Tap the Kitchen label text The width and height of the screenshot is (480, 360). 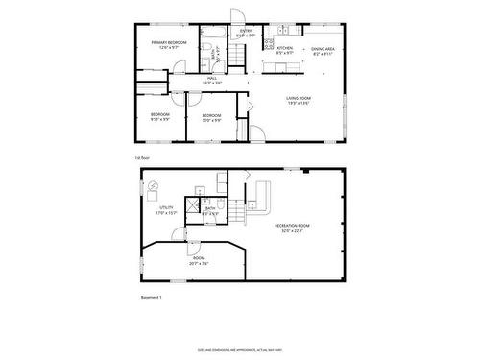point(284,48)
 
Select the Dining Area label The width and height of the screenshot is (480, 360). point(322,50)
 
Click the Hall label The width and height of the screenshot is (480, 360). point(207,81)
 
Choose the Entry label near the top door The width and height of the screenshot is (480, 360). point(246,32)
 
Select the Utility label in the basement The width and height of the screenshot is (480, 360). point(166,209)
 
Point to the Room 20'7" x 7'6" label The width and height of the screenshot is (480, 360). point(199,259)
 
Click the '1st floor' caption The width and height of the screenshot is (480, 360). point(141,156)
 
